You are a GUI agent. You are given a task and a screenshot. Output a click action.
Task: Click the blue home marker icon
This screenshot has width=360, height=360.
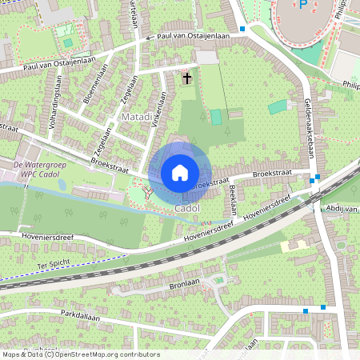(180, 172)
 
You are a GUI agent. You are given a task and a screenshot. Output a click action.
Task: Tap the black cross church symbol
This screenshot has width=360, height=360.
(187, 78)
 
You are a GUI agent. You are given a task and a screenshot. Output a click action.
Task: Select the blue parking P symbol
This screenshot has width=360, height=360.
(302, 5)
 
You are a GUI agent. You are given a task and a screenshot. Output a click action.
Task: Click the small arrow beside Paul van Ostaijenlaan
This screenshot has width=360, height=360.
(148, 38)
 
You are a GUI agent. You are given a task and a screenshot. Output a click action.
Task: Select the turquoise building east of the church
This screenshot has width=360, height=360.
(278, 106)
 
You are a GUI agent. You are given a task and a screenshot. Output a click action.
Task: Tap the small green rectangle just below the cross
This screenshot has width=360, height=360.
(216, 117)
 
